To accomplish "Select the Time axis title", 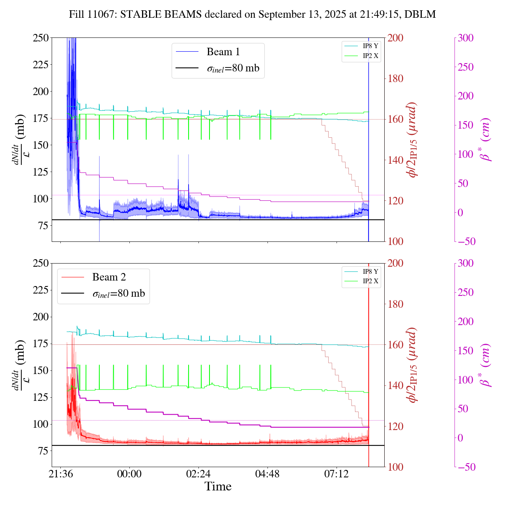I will point(218,486).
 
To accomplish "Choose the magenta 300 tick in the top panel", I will point(466,38).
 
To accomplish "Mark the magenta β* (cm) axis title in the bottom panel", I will point(485,365).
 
